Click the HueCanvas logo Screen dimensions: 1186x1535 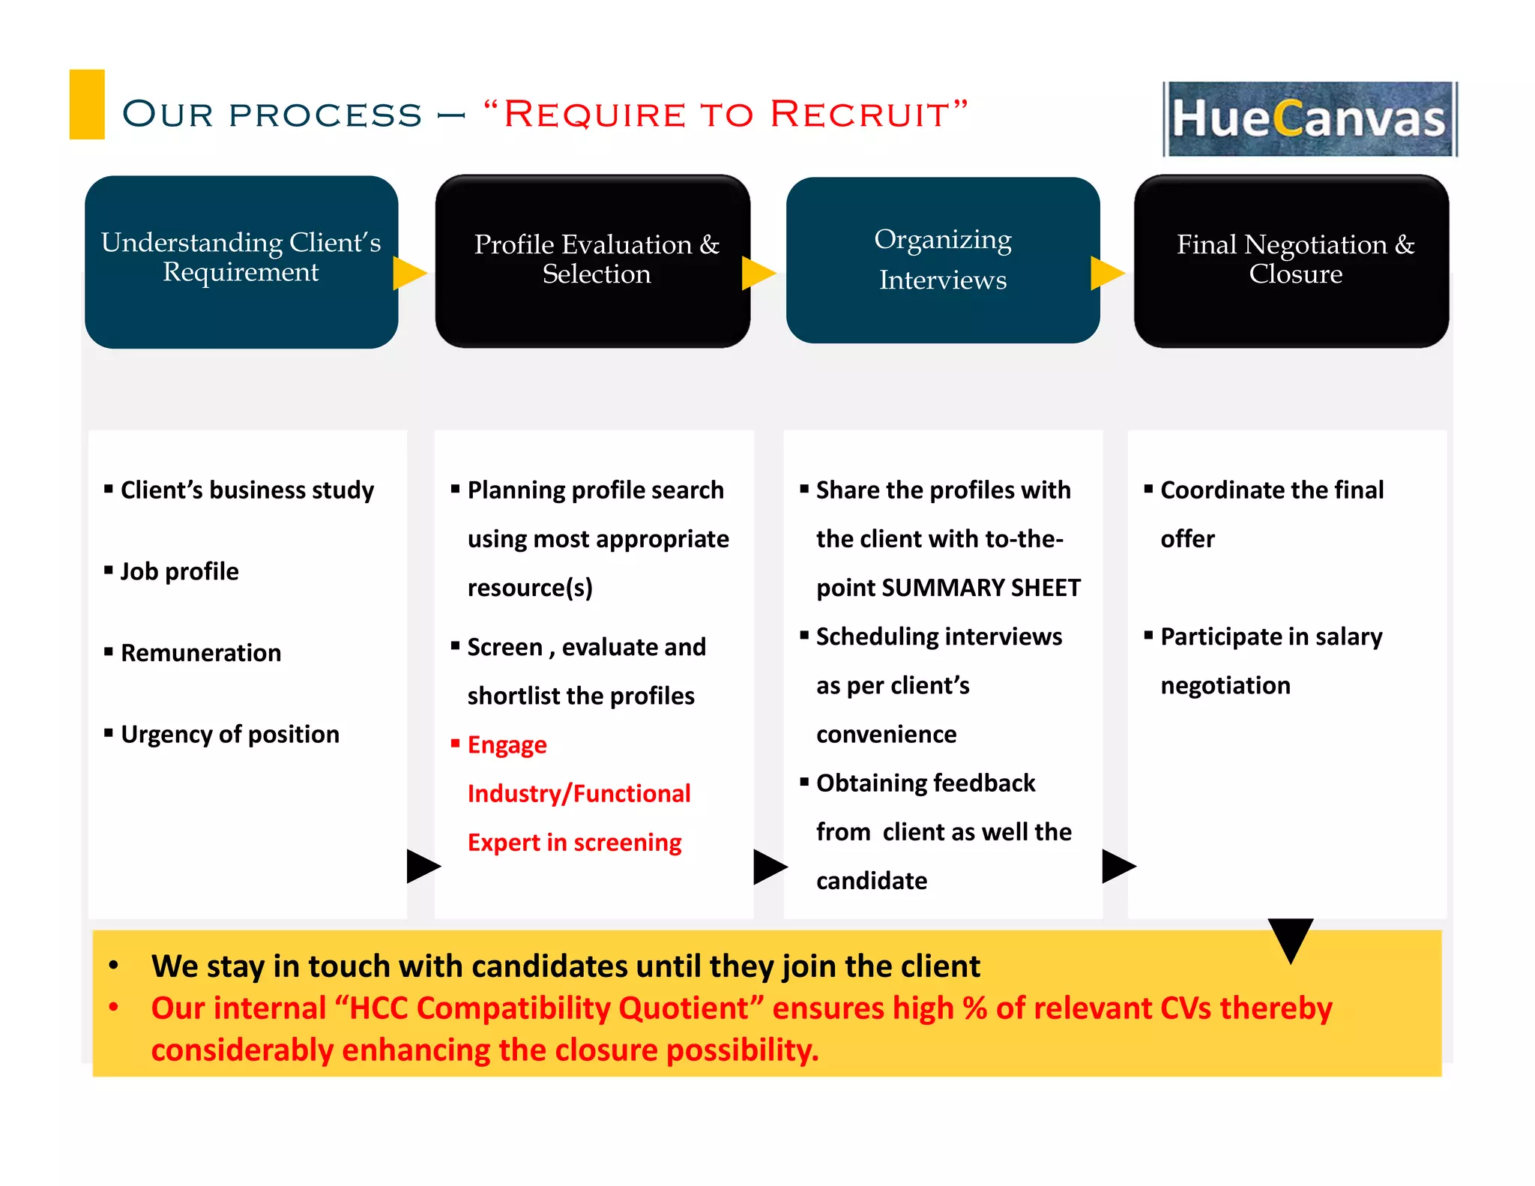(x=1309, y=119)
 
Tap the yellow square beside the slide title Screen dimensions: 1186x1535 (x=87, y=104)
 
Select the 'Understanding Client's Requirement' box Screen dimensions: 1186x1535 (x=241, y=262)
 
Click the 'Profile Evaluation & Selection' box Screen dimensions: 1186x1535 (x=592, y=262)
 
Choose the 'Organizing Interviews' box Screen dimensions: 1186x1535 (x=942, y=260)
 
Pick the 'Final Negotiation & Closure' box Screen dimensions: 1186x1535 (x=1291, y=262)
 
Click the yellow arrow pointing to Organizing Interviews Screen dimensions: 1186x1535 (x=757, y=273)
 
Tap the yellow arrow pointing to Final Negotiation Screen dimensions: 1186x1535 (x=1106, y=273)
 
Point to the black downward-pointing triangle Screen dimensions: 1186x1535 (x=1290, y=937)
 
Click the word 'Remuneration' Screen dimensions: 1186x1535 (x=201, y=653)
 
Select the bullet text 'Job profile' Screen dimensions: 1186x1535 (x=179, y=571)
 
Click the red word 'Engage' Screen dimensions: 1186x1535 (x=507, y=745)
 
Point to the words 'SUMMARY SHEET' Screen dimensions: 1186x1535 (x=981, y=588)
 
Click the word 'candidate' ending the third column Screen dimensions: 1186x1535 (x=871, y=881)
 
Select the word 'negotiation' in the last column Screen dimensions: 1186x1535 (x=1225, y=686)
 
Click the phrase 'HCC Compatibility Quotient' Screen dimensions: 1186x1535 (x=549, y=1008)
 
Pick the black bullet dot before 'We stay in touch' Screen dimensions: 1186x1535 (x=113, y=965)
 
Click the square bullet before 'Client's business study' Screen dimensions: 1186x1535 (x=109, y=489)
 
